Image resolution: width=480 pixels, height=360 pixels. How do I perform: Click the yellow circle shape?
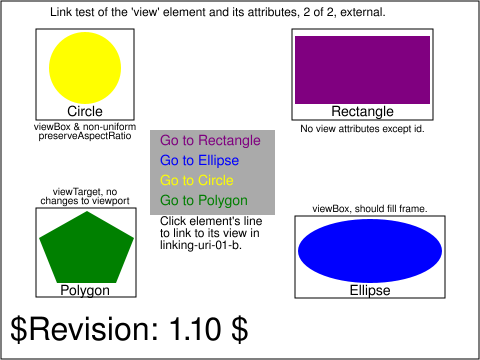tap(85, 68)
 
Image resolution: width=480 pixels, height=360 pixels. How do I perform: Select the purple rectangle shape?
tap(362, 70)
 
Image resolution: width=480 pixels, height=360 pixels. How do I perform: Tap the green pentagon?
tap(86, 247)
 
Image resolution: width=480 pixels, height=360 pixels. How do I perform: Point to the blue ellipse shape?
tap(370, 251)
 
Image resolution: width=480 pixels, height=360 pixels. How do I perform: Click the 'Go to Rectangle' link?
tap(210, 140)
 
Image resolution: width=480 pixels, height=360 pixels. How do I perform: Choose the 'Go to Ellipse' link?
tap(199, 160)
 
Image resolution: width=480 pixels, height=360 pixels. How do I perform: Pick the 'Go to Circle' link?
tap(197, 180)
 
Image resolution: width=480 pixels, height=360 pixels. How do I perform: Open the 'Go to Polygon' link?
tap(204, 201)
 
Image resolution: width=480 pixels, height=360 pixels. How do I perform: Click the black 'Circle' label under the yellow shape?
tap(85, 111)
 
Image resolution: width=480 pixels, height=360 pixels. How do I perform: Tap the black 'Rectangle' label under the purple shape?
tap(362, 112)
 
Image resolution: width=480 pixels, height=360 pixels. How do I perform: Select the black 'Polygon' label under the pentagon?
tap(85, 291)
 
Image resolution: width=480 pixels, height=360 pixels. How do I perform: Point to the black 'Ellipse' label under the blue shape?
tap(370, 290)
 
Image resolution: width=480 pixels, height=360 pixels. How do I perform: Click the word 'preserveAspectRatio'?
tap(85, 136)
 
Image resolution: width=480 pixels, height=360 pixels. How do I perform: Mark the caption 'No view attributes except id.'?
tap(362, 129)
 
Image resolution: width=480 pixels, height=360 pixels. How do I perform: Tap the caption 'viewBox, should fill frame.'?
tap(370, 209)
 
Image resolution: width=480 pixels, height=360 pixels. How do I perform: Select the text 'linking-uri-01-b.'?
tap(201, 245)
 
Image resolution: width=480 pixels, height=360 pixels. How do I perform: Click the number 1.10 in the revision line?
tap(195, 329)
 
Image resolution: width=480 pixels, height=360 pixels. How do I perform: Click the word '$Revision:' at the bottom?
tap(84, 329)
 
